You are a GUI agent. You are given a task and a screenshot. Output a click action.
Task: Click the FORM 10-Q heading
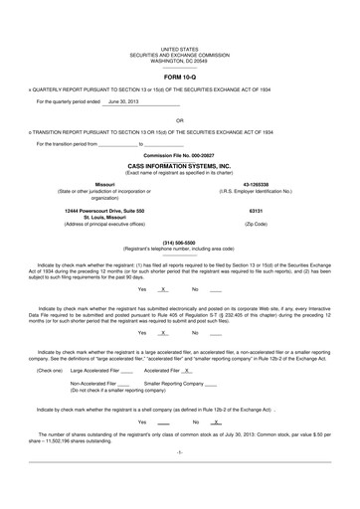point(180,75)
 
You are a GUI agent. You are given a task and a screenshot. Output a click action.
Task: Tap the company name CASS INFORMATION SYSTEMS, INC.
point(180,166)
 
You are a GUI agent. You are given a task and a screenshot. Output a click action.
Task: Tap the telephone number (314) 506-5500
point(180,242)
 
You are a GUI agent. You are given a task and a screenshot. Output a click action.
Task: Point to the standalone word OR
point(180,121)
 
